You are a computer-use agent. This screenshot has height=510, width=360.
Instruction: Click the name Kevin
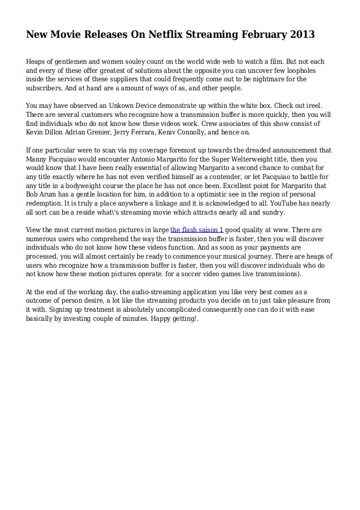pyautogui.click(x=36, y=133)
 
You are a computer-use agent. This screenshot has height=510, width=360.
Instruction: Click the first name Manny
pyautogui.click(x=38, y=160)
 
